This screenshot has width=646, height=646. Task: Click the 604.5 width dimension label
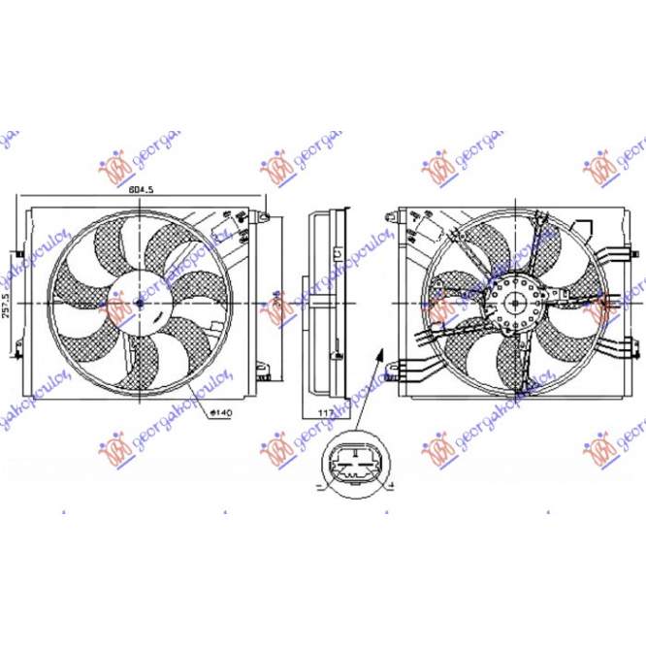[x=143, y=190]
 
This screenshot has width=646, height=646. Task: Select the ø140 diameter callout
[x=222, y=413]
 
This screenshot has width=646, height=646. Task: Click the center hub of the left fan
[x=139, y=303]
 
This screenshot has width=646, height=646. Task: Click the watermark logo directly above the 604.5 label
[x=116, y=167]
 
